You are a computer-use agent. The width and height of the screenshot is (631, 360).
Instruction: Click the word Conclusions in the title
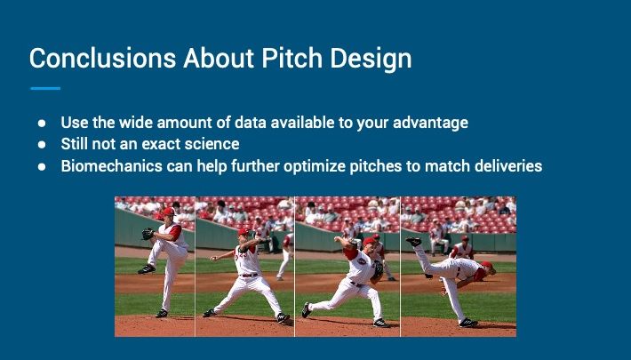click(x=102, y=58)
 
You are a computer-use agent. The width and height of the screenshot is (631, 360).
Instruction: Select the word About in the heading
click(x=219, y=58)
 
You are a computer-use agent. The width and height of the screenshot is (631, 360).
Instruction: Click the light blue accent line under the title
click(x=45, y=88)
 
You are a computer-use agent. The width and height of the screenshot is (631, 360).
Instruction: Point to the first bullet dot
click(x=42, y=123)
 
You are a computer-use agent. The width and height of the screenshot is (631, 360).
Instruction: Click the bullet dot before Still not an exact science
click(x=42, y=144)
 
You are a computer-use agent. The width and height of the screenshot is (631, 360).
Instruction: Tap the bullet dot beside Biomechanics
click(x=42, y=166)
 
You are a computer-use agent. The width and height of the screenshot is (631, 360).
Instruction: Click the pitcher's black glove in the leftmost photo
click(x=148, y=234)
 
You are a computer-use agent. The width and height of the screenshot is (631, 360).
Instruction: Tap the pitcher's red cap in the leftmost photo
click(x=168, y=212)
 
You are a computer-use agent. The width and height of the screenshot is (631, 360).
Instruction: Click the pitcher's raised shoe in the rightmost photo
click(x=413, y=241)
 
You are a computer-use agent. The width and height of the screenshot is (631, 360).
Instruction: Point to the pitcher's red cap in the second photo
click(x=244, y=231)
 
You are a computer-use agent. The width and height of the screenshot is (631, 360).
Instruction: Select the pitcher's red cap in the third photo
click(x=369, y=241)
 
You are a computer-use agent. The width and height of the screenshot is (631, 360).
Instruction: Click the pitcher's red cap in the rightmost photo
click(x=487, y=265)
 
